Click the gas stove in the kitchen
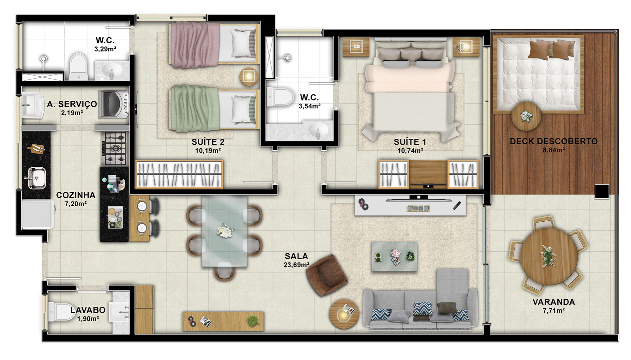(114, 148)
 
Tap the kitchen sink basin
(36, 178)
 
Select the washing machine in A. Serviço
(113, 104)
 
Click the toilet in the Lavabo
(62, 312)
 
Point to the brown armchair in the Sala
(327, 275)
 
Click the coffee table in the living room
(394, 257)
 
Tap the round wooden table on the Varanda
(549, 256)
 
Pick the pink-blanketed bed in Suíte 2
(214, 44)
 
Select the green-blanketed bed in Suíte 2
(214, 109)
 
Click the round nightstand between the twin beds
(249, 77)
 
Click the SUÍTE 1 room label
(410, 142)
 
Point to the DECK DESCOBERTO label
(553, 141)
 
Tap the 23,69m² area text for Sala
(296, 265)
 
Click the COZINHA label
(76, 195)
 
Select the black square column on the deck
(602, 192)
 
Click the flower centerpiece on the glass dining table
(225, 231)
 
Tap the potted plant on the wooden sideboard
(253, 321)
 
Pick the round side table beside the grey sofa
(344, 314)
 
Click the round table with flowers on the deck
(526, 116)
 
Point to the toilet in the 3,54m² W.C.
(280, 97)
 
